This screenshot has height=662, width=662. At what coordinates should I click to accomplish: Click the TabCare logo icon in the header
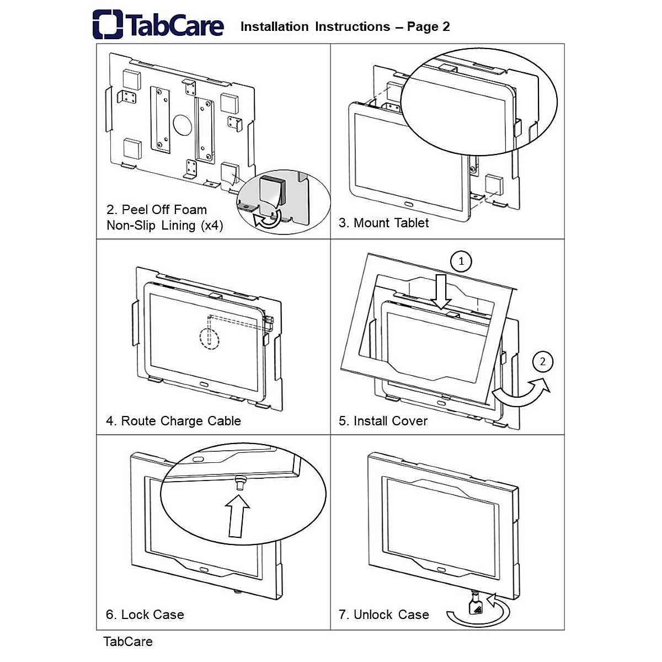pyautogui.click(x=108, y=24)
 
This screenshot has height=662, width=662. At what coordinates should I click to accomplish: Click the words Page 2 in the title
pyautogui.click(x=428, y=26)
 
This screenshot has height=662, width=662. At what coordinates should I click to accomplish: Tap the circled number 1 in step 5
pyautogui.click(x=461, y=261)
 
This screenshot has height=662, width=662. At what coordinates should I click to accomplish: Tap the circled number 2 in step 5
pyautogui.click(x=543, y=361)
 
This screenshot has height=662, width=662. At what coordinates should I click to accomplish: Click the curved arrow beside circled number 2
pyautogui.click(x=521, y=393)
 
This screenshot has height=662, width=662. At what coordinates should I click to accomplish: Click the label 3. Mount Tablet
pyautogui.click(x=383, y=223)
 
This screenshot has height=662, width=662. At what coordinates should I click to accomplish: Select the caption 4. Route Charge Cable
pyautogui.click(x=173, y=421)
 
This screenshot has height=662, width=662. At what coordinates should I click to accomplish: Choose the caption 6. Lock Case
pyautogui.click(x=145, y=615)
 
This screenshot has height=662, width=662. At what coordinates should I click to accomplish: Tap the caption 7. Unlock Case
pyautogui.click(x=383, y=615)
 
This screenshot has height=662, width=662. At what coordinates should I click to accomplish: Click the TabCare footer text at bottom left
pyautogui.click(x=128, y=642)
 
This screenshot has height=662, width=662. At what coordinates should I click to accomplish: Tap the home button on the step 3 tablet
pyautogui.click(x=409, y=204)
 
